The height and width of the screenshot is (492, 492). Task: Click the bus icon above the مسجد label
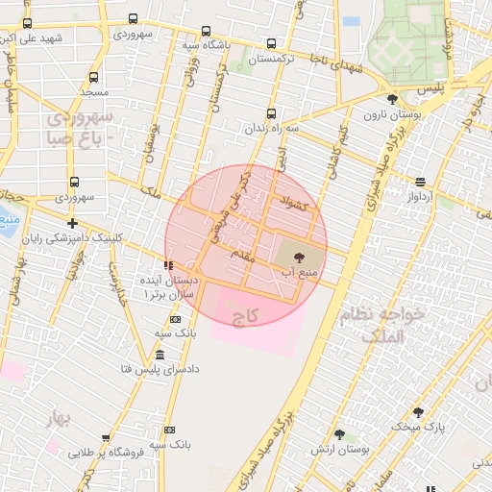point(93,77)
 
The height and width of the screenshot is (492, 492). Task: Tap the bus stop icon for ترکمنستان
point(272,43)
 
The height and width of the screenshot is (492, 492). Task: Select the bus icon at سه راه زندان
point(271,112)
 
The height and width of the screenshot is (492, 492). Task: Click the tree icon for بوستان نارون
point(391,100)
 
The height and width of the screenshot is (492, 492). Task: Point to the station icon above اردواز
point(420,181)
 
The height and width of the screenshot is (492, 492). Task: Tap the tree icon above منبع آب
point(297,257)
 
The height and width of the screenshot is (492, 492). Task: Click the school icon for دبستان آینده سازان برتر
point(169,264)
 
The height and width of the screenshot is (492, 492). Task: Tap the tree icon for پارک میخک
point(417,411)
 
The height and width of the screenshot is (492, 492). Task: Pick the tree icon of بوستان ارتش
point(339,434)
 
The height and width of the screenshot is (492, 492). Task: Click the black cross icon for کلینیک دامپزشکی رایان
point(73,223)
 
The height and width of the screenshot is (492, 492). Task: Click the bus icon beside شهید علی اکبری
point(27,23)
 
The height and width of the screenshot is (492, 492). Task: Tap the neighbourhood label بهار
point(59,418)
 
